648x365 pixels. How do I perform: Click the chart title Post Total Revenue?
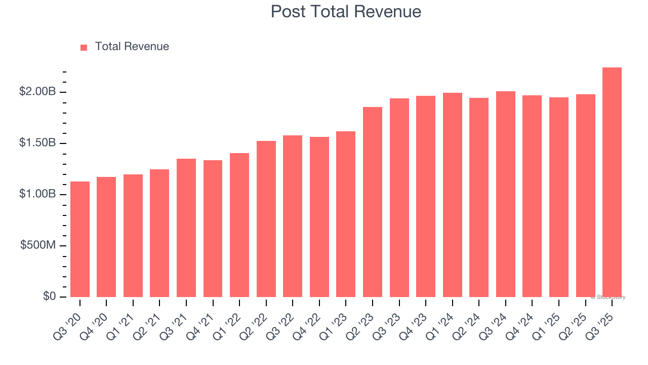point(346,11)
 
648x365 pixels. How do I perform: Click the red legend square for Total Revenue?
point(84,47)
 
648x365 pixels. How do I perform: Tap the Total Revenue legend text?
point(132,47)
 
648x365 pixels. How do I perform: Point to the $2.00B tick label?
point(37,92)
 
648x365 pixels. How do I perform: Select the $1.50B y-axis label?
point(37,143)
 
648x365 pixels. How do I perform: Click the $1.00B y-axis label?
point(37,194)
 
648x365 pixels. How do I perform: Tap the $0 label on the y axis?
point(49,296)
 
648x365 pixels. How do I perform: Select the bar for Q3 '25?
point(612,182)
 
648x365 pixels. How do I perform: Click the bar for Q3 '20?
point(80,239)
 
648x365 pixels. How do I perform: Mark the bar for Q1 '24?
point(452,195)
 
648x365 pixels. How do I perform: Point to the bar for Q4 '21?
point(213,229)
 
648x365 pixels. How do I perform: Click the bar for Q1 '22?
point(239,225)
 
